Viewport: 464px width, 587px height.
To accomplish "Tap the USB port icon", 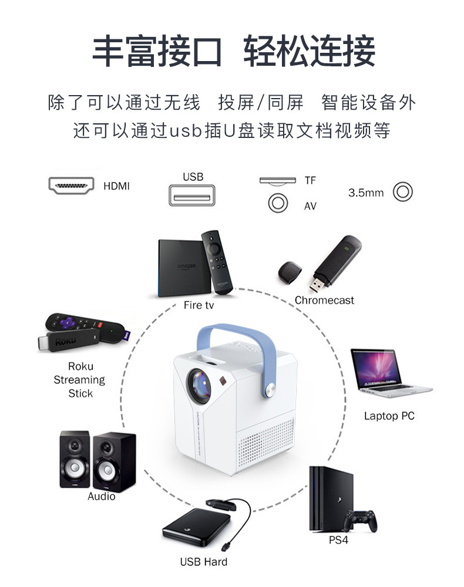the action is (x=192, y=195).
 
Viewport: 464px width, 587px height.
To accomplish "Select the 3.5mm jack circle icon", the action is (x=403, y=192).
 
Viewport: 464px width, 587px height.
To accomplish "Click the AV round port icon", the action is (x=278, y=204).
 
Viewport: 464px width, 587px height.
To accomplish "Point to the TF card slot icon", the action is (x=278, y=180).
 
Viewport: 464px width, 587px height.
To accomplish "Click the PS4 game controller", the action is (x=360, y=520).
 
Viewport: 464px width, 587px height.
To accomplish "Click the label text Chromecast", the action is (x=324, y=300).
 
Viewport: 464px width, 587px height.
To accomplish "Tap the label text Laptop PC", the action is (x=389, y=416).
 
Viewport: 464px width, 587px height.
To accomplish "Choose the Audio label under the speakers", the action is (x=102, y=496).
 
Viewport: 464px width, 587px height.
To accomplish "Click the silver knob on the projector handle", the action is (x=273, y=390).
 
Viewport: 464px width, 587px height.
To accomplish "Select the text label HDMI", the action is (x=116, y=186).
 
